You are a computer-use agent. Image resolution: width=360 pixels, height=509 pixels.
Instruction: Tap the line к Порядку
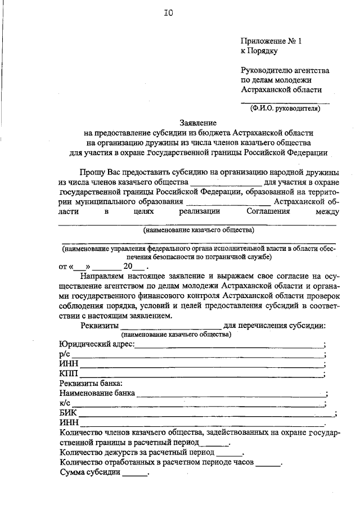click(259, 51)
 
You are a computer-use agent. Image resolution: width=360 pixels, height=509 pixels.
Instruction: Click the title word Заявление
click(197, 123)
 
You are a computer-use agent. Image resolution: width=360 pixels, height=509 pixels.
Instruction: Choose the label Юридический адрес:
click(96, 344)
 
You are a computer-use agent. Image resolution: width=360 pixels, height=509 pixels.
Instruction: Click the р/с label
click(63, 354)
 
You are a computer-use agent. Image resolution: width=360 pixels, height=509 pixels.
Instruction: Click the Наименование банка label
click(97, 394)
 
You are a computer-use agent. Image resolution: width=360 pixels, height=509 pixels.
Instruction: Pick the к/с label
click(63, 403)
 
